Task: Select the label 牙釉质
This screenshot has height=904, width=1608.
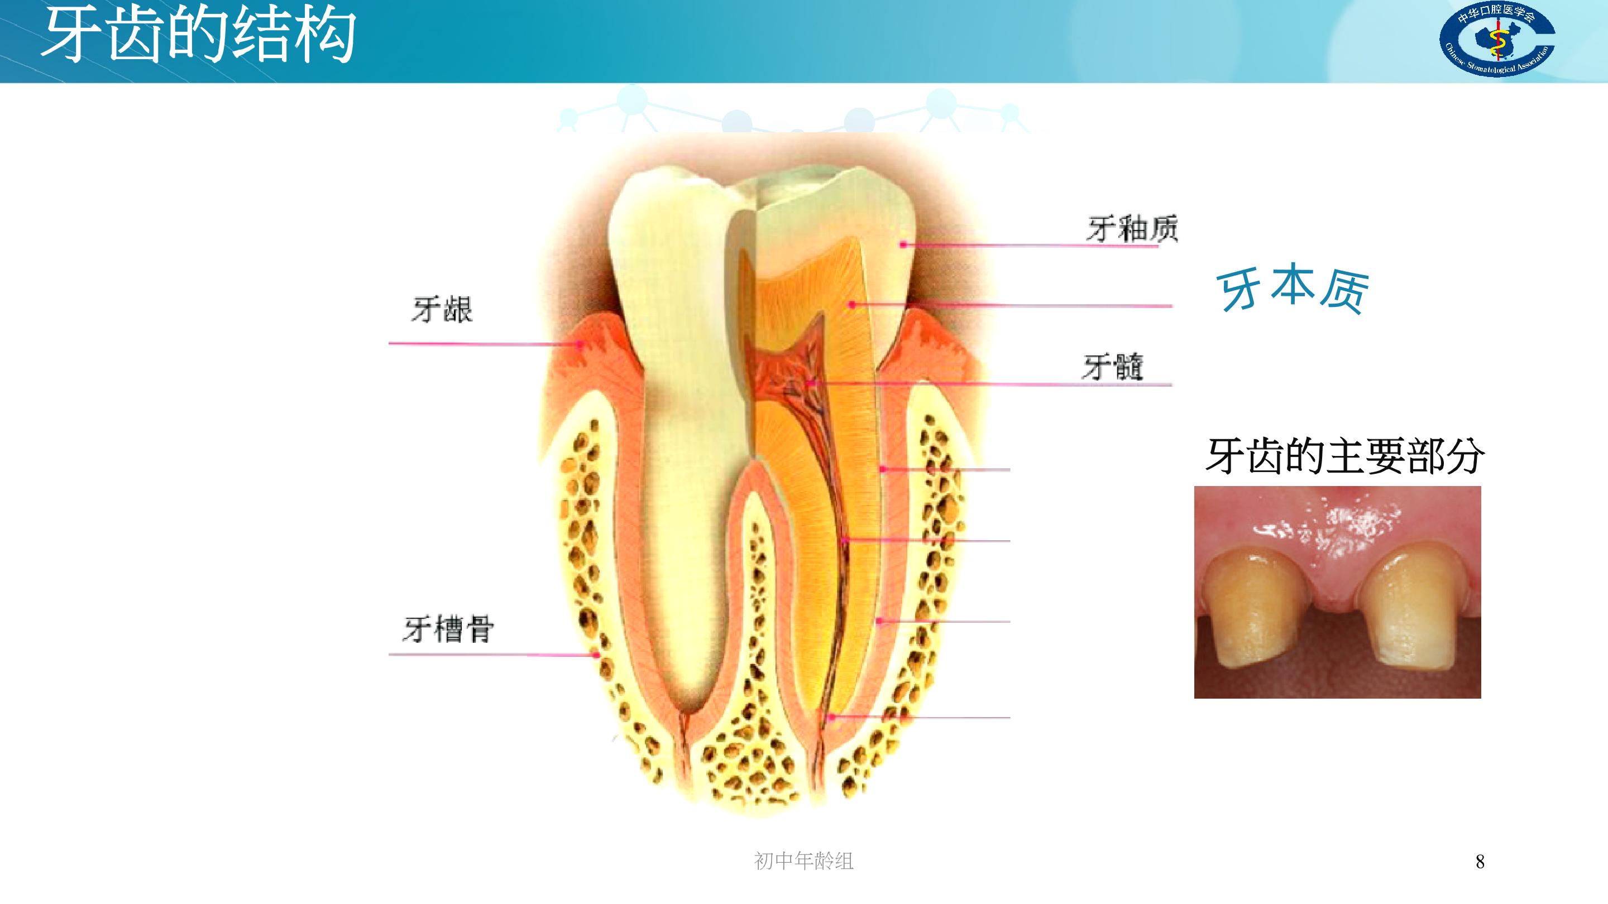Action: tap(1132, 228)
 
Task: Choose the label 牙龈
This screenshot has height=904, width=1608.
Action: tap(442, 310)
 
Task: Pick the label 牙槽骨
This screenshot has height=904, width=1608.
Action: tap(448, 628)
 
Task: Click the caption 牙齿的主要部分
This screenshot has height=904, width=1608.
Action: tap(1344, 456)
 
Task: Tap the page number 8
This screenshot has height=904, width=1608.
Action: tap(1480, 862)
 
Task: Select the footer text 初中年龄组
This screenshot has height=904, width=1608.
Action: tap(803, 861)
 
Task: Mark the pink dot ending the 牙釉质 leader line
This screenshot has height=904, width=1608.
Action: tap(903, 244)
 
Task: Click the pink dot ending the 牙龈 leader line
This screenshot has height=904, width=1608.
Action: tap(581, 343)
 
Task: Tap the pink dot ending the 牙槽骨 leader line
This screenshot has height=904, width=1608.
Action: tap(597, 655)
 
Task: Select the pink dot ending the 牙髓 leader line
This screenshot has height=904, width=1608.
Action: tap(810, 384)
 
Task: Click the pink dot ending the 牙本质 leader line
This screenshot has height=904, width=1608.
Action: tap(851, 305)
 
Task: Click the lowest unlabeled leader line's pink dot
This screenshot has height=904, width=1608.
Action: tap(831, 718)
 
